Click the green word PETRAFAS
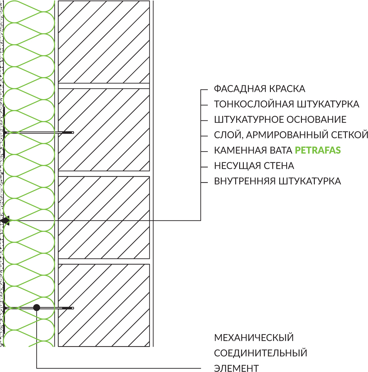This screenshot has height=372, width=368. pos(318,150)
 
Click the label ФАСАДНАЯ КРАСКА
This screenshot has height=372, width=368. pos(259,89)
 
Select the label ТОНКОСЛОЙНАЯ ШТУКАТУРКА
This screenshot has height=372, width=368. pos(287,104)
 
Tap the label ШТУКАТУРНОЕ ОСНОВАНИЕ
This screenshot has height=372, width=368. pos(280,120)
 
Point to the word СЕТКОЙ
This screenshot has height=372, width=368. pos(350,135)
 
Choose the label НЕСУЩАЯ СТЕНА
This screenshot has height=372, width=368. pos(254,166)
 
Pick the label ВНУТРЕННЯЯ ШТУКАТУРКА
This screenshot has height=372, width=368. pos(277,181)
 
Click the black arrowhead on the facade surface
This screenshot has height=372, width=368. pos(5,220)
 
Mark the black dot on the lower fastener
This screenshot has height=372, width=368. pos(37,308)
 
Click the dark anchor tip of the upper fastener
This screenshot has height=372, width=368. pos(68,132)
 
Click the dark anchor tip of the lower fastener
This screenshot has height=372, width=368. pos(68,308)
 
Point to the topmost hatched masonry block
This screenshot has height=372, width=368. pos(104,42)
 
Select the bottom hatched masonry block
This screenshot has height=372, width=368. pos(104,305)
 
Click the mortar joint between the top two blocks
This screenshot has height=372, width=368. pos(104,86)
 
